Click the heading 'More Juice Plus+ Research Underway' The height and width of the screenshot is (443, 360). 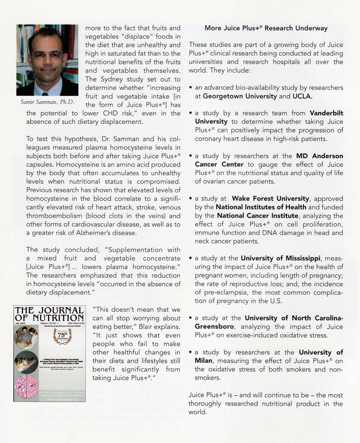[266, 28]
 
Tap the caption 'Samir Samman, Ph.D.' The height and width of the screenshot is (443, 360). [48, 102]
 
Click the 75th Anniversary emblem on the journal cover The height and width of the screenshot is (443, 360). [65, 339]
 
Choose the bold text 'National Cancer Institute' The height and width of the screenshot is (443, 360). [257, 215]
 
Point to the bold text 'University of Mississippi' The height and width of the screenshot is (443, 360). [281, 258]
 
